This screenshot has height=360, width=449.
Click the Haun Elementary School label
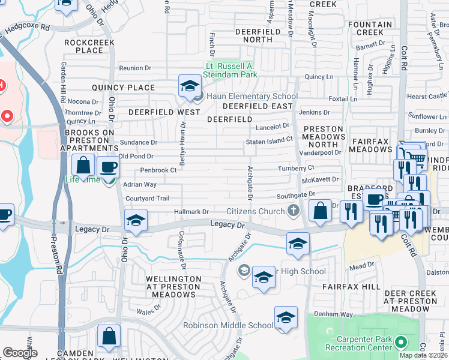point(252,96)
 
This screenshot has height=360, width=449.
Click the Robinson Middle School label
point(228,326)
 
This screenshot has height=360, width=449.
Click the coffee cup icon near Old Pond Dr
point(108,167)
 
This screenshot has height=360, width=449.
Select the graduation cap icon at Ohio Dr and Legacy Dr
point(136,221)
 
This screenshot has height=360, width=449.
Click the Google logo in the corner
point(20,353)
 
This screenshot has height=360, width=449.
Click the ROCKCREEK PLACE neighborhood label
point(84,46)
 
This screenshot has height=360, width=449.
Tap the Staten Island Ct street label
point(268,140)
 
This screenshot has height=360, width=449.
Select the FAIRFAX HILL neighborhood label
point(351,287)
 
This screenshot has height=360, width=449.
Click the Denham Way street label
point(336,314)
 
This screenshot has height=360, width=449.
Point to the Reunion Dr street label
point(134,68)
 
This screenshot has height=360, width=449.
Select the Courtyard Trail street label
point(146,199)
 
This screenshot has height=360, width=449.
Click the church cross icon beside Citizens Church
point(293,211)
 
